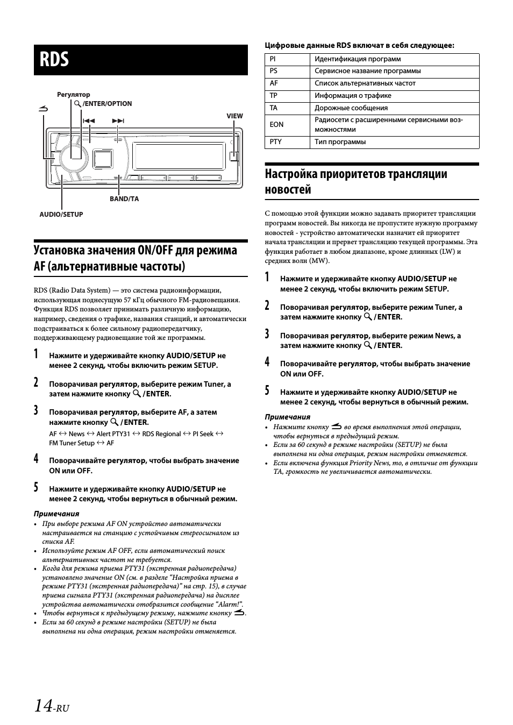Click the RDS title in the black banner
coord(54,60)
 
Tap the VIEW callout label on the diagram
coord(234,116)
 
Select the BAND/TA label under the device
coord(124,199)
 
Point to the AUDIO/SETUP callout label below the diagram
coord(61,215)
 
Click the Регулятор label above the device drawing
coord(74,95)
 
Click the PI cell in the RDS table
coord(273,59)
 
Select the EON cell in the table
coord(276,124)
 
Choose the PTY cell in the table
coord(276,142)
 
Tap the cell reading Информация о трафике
coord(353,96)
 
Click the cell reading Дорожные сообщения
coord(351,108)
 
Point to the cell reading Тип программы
coord(340,142)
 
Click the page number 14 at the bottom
coord(43,706)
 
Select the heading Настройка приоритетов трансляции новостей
coord(356,181)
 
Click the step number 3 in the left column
coord(36,411)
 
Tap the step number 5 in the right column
coord(267,390)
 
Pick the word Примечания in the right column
coord(287,417)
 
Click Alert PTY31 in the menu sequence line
coord(113,434)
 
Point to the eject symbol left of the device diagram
coord(44,109)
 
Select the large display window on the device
coord(175,155)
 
